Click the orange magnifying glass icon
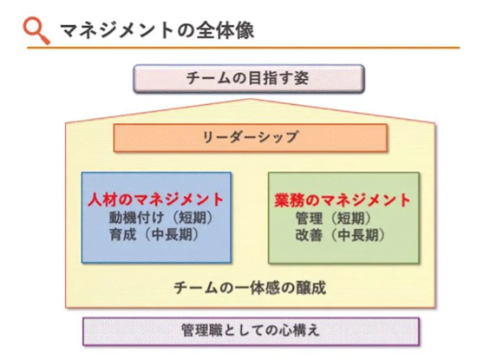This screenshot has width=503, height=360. pyautogui.click(x=36, y=30)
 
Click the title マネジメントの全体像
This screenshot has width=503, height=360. pyautogui.click(x=157, y=30)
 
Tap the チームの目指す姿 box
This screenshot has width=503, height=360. pyautogui.click(x=249, y=79)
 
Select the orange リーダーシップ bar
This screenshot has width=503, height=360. pyautogui.click(x=251, y=137)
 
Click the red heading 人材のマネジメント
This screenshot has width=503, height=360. pyautogui.click(x=155, y=200)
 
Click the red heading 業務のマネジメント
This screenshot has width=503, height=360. pyautogui.click(x=343, y=200)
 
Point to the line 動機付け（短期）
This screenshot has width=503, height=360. pyautogui.click(x=160, y=218)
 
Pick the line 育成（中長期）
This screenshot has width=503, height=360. pyautogui.click(x=154, y=234)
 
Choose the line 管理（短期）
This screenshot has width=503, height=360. pyautogui.click(x=333, y=219)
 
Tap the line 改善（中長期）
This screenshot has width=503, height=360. pyautogui.click(x=340, y=235)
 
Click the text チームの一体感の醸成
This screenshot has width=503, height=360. pyautogui.click(x=250, y=287)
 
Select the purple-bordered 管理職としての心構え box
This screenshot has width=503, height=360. pyautogui.click(x=251, y=331)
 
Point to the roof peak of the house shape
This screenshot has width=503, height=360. pyautogui.click(x=251, y=99)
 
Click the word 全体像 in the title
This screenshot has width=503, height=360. pyautogui.click(x=225, y=30)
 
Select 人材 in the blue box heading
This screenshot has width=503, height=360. pyautogui.click(x=101, y=200)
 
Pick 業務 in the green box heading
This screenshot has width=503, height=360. pyautogui.click(x=287, y=200)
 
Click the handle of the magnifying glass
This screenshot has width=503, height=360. pyautogui.click(x=44, y=39)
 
